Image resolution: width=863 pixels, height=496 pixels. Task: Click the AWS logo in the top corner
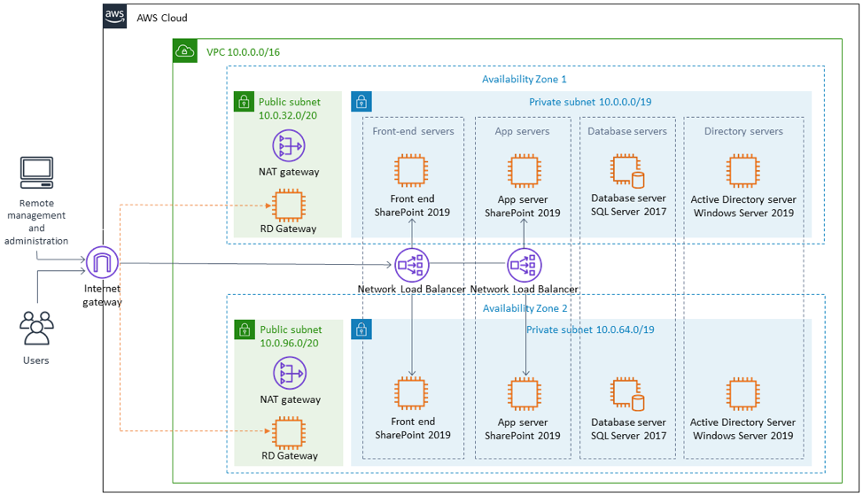coord(115,16)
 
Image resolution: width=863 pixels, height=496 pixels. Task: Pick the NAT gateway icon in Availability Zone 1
coord(288,146)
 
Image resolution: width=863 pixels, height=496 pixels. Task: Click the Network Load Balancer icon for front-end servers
coord(411,264)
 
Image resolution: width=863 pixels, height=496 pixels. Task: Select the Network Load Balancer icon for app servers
coord(525,264)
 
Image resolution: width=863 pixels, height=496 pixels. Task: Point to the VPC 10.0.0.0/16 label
coord(243,51)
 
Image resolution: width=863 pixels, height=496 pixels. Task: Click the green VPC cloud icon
coord(184,50)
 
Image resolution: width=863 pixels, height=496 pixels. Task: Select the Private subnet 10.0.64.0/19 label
coord(589,329)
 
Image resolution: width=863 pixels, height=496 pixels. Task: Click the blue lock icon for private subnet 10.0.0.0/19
coord(362,102)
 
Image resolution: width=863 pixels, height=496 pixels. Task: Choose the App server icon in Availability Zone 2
coord(525,395)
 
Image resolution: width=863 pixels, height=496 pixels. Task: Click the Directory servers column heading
coord(743,131)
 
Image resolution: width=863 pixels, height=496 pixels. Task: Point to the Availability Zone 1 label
coord(524,79)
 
